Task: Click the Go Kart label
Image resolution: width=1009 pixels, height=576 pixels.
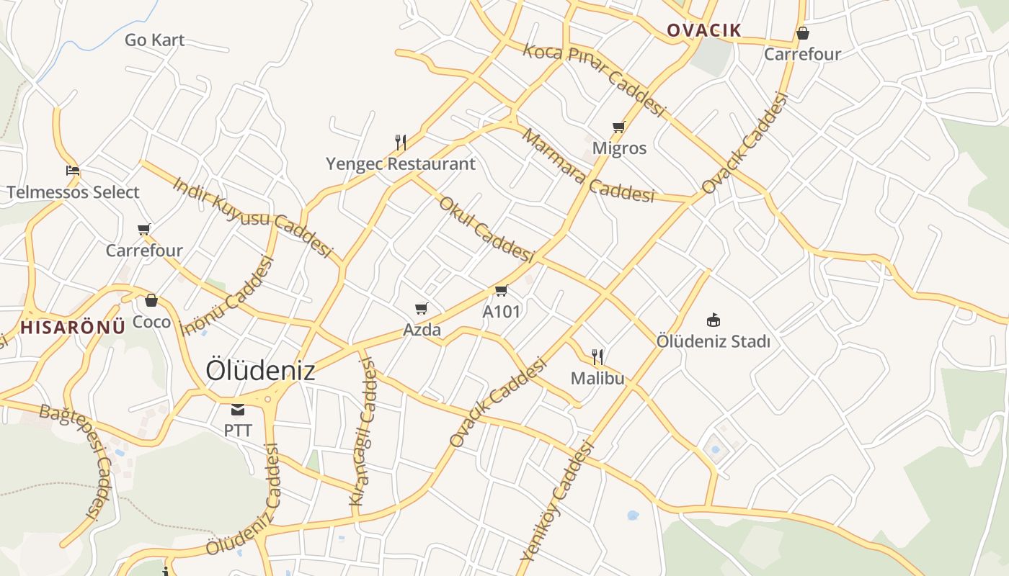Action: tap(154, 40)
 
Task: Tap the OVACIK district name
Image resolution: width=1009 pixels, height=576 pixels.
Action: tap(703, 30)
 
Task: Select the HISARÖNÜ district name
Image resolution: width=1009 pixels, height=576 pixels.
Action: tap(72, 327)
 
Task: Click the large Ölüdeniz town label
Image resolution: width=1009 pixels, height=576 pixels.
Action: tap(260, 370)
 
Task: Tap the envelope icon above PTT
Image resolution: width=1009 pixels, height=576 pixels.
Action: tap(238, 410)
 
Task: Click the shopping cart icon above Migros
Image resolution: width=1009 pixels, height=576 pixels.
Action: tap(618, 127)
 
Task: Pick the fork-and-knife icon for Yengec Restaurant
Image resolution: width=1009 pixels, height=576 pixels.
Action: tap(401, 142)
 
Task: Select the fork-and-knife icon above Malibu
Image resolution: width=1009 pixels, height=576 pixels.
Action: tap(597, 356)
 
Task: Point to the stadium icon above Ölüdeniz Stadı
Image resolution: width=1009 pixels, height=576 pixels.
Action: tap(714, 320)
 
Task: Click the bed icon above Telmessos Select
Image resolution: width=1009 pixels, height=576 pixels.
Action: tap(73, 171)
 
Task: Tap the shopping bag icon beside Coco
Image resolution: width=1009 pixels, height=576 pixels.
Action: tap(151, 300)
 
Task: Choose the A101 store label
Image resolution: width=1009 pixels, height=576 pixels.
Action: tap(501, 312)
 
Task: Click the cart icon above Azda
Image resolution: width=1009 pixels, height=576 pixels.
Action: tap(422, 309)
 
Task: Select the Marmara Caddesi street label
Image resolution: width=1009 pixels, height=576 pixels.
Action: tap(587, 166)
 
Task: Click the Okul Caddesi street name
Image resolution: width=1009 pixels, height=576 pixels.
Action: tap(486, 229)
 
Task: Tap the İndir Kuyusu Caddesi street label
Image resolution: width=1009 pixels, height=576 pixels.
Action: tap(252, 216)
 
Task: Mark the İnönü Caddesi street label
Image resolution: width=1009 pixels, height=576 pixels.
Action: tap(229, 295)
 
